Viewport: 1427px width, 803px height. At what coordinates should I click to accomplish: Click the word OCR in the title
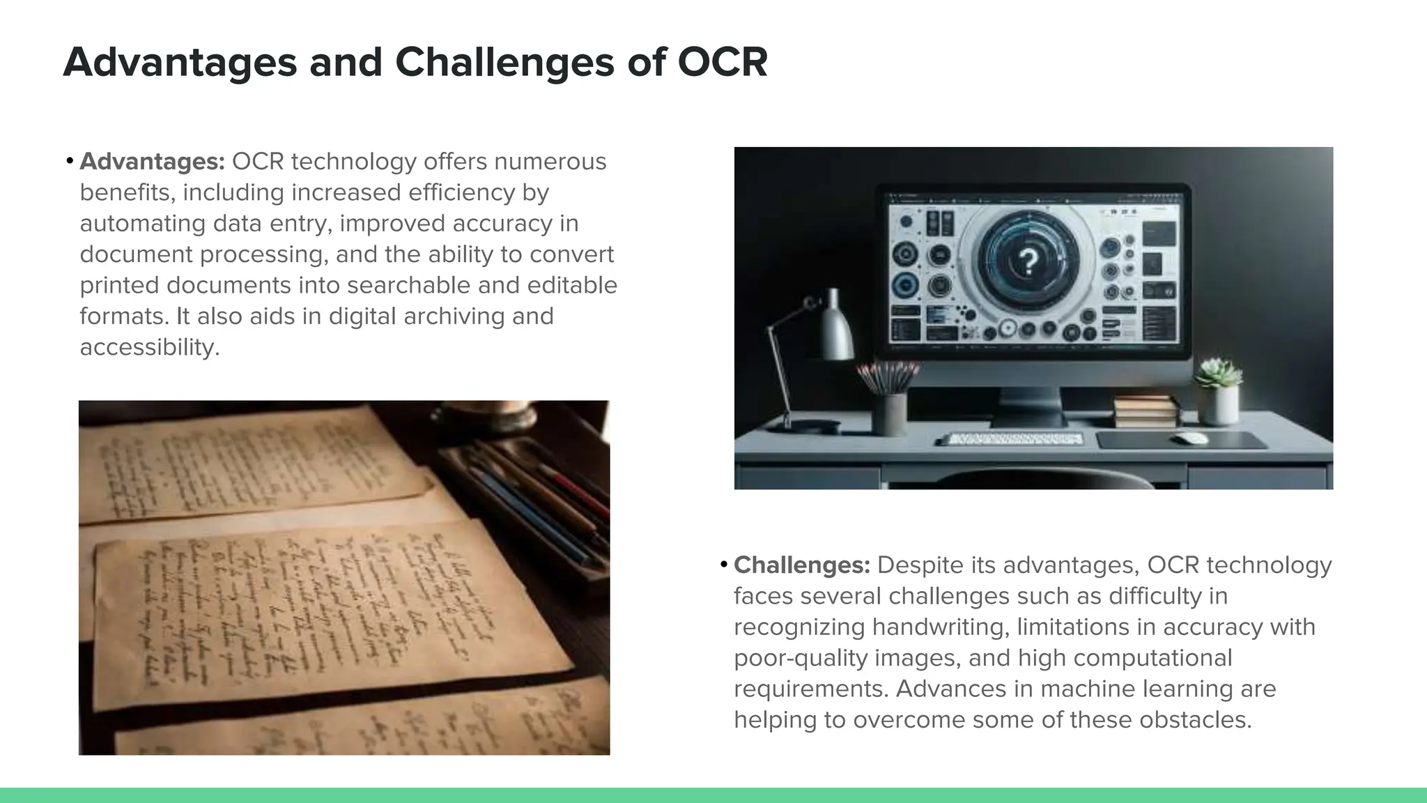coord(722,62)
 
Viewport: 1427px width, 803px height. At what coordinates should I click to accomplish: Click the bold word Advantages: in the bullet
coord(152,162)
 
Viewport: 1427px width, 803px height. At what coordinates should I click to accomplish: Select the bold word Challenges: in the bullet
coord(802,565)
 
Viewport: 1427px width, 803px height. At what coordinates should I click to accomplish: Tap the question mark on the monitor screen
coord(1028,262)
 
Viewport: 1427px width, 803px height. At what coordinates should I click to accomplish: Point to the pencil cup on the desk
coord(890,413)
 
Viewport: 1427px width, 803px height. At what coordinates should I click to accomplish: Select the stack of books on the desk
coord(1146,411)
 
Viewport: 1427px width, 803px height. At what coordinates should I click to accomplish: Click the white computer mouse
coord(1191,438)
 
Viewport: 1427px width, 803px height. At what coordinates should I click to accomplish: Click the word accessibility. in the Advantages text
coord(150,347)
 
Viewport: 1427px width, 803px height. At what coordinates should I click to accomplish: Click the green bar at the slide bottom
coord(713,795)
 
